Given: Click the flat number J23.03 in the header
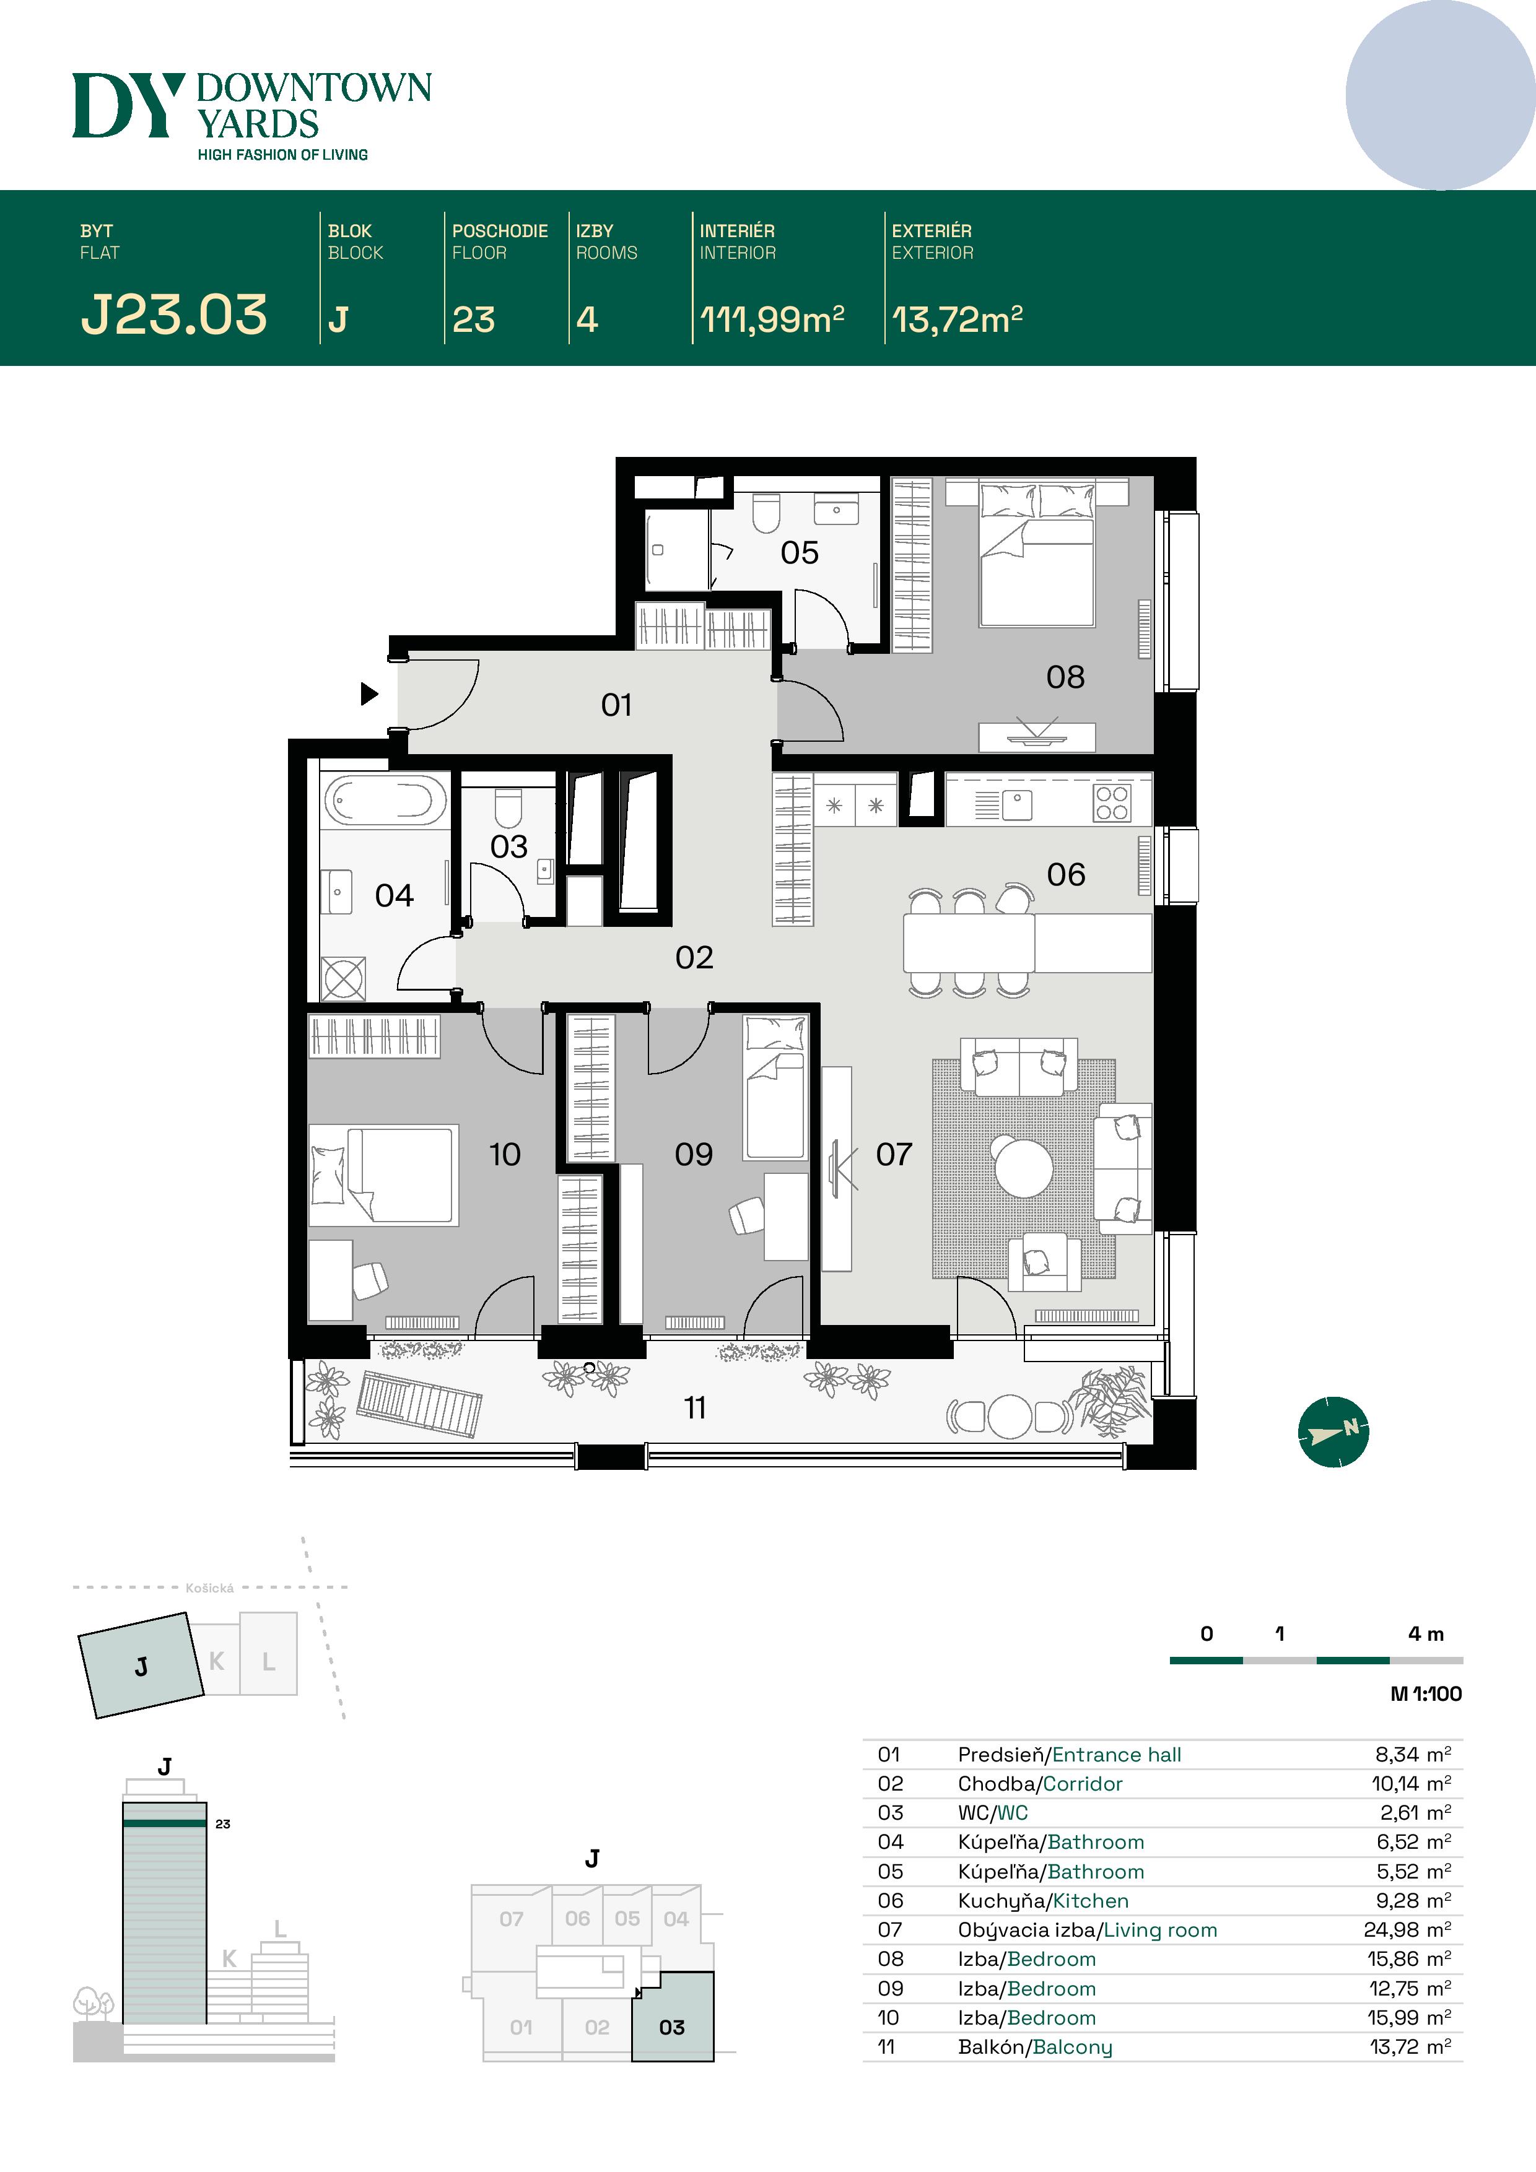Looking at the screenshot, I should coord(174,315).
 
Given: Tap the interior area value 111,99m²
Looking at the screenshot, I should coord(771,319).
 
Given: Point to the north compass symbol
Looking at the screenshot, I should coord(1332,1431).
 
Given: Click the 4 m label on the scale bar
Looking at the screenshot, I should coord(1425,1634).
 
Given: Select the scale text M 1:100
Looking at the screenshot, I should coord(1425,1693).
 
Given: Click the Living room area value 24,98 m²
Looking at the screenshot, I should coord(1407,1930).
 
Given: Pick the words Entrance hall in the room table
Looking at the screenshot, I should coord(1117,1755).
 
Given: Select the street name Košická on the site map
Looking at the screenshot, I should coord(209,1588).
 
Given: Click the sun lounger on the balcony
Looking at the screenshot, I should coord(419,1404).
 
